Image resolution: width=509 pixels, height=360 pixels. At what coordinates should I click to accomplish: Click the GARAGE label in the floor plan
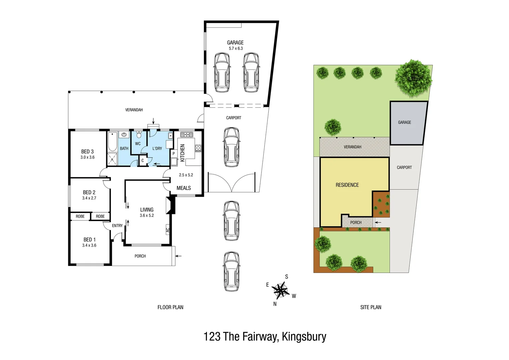[235, 43]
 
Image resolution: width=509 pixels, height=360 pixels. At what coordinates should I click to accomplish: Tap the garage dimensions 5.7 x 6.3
[236, 49]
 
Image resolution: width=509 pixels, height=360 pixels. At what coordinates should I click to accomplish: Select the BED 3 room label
[87, 152]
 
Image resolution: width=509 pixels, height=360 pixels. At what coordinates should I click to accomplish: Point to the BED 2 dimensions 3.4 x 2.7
[89, 198]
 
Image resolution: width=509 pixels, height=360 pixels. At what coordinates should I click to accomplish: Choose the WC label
[138, 144]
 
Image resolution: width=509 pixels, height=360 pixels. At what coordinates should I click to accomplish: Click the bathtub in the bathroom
[112, 142]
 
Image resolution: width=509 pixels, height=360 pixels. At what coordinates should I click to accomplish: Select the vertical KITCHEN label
[182, 153]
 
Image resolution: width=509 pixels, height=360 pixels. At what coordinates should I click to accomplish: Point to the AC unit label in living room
[168, 230]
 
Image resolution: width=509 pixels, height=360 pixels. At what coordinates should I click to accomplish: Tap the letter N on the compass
[275, 304]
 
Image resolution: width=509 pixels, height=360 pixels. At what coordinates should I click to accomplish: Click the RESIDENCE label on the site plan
[347, 185]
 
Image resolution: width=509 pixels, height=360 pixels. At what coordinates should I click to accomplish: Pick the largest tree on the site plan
[413, 78]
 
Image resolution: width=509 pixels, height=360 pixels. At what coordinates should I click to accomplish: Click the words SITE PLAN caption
[370, 307]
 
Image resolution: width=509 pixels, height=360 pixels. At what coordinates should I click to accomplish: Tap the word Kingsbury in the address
[304, 337]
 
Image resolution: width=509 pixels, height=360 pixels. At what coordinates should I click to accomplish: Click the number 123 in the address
[212, 337]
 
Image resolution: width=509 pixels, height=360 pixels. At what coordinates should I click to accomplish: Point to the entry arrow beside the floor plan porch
[179, 256]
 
